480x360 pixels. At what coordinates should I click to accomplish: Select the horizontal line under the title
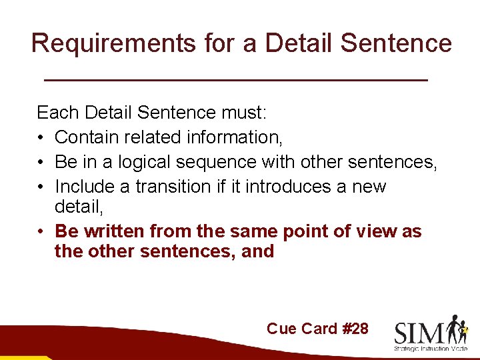point(235,80)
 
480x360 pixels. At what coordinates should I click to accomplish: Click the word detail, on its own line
point(78,207)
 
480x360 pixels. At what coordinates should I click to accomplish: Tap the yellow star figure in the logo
point(464,328)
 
